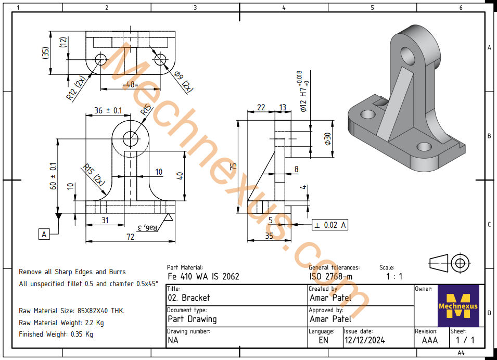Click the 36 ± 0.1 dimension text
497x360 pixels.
click(x=108, y=110)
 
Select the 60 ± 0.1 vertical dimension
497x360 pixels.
click(x=53, y=177)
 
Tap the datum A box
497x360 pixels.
click(x=44, y=235)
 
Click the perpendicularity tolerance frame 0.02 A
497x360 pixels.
click(x=329, y=225)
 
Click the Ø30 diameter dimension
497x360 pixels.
click(x=327, y=139)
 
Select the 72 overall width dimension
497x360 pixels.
click(x=130, y=237)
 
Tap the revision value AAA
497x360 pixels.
click(x=430, y=341)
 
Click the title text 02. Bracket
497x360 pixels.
click(x=189, y=298)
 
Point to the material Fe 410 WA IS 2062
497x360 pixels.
click(x=203, y=276)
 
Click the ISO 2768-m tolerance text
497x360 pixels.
click(x=331, y=276)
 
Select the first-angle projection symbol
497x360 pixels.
click(x=449, y=263)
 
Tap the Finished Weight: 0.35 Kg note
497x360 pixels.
click(x=56, y=334)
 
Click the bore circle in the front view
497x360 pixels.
click(x=130, y=138)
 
